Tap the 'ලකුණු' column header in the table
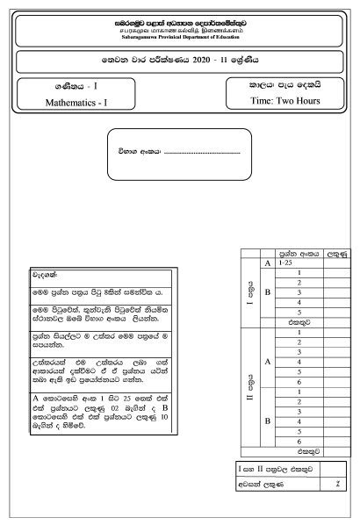335,253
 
